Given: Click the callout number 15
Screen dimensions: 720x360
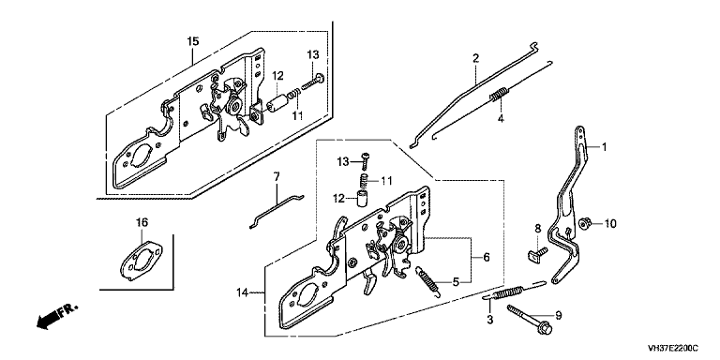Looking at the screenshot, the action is (x=193, y=41).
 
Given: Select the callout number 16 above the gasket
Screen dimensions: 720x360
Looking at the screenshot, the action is (x=142, y=223).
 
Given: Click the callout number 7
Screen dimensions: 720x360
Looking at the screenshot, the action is (x=276, y=176).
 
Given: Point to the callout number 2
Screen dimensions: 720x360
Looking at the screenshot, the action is (x=475, y=58).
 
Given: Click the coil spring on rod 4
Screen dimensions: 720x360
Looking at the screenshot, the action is (x=498, y=95).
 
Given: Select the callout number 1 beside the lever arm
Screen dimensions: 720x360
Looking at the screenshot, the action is (x=605, y=147).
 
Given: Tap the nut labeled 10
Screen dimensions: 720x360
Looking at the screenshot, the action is (x=585, y=223).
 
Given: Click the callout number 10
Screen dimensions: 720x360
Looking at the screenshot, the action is (x=609, y=224).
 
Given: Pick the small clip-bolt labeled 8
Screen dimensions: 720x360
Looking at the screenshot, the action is (x=536, y=253).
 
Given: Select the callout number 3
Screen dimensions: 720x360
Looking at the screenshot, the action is (x=490, y=319).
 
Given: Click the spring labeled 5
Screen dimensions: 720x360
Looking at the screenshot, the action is (x=427, y=282).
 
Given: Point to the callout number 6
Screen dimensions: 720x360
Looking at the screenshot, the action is (x=487, y=257).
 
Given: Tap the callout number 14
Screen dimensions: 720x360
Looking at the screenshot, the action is (x=244, y=292).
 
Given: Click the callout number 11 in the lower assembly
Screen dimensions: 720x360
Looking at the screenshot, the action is (x=386, y=181).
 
